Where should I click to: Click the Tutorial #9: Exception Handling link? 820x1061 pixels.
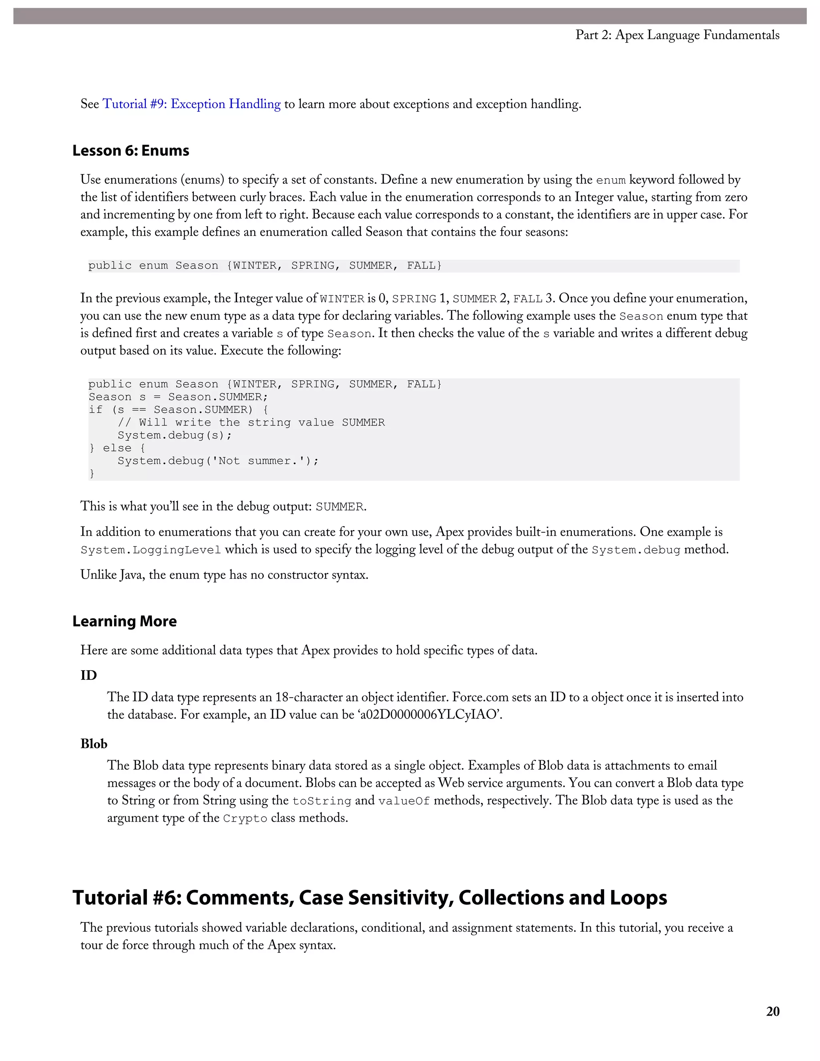191,104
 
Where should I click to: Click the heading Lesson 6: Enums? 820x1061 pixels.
131,151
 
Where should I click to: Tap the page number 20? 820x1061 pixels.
772,1011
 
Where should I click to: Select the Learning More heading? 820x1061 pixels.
125,621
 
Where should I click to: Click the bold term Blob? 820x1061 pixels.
94,744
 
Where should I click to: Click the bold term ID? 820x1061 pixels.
88,675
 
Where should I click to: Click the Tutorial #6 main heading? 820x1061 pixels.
369,898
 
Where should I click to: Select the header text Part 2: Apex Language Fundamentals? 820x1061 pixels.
677,35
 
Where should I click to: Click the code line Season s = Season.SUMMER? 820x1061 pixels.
178,397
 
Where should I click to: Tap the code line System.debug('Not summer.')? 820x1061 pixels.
218,460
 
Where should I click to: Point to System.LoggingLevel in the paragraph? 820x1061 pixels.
151,550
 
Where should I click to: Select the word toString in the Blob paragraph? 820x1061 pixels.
322,801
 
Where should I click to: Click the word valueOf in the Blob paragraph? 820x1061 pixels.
404,801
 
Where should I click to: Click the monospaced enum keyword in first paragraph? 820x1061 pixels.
611,180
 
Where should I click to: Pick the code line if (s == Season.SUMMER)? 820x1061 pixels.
178,410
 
